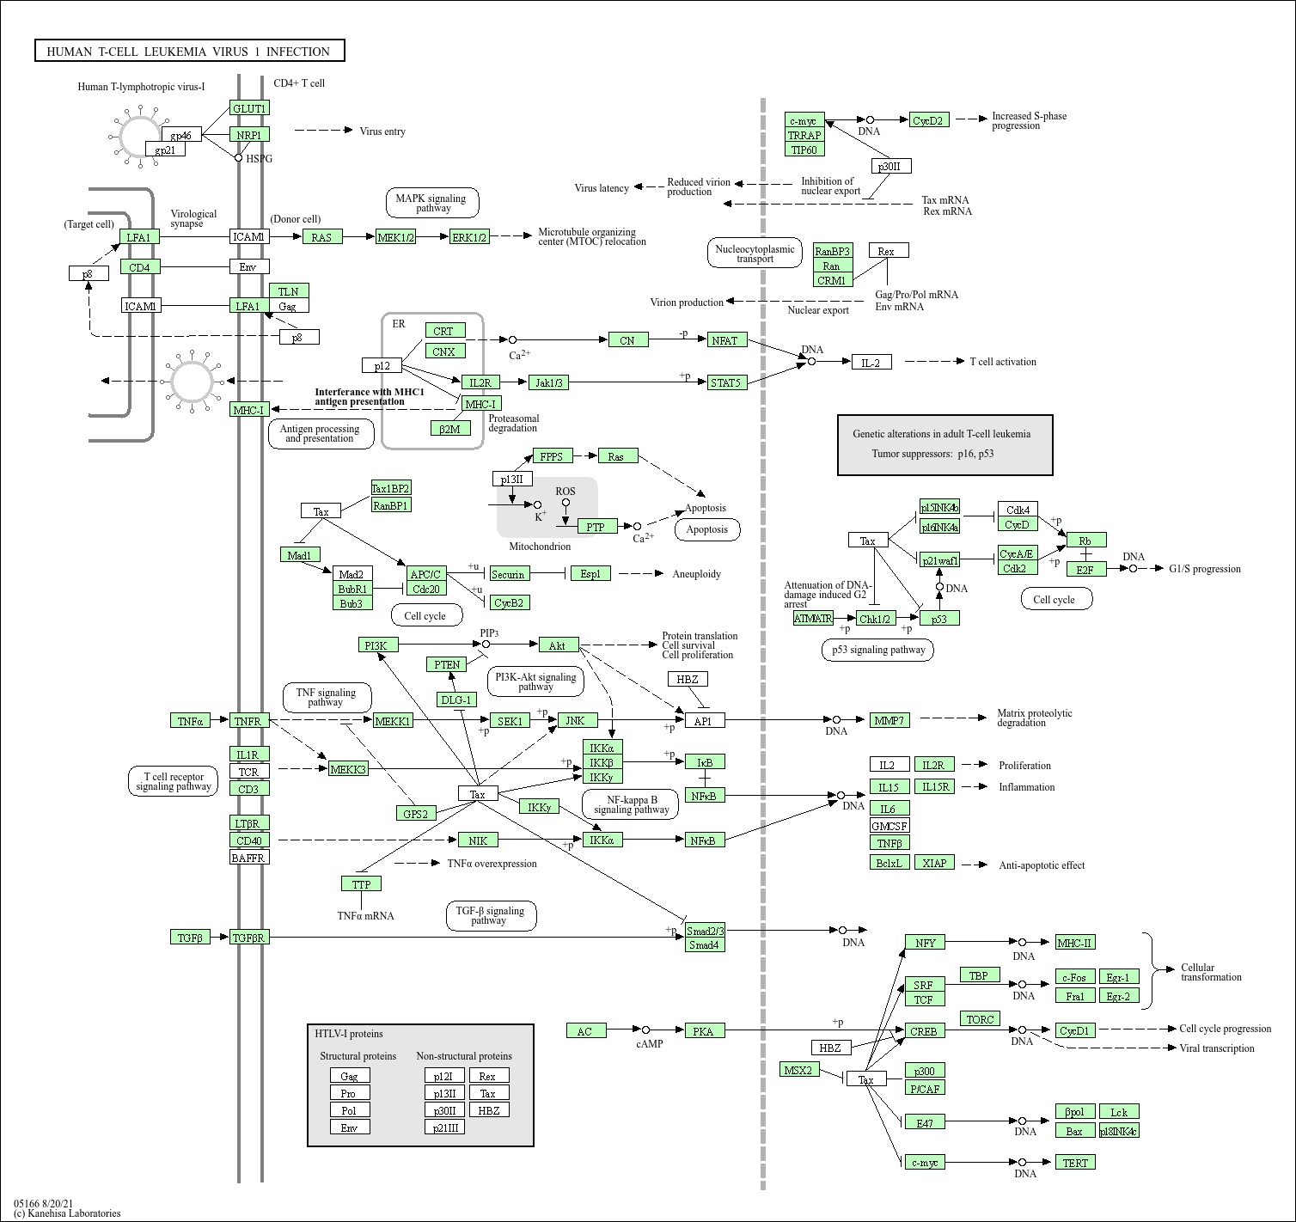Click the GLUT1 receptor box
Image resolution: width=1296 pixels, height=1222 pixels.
(x=249, y=108)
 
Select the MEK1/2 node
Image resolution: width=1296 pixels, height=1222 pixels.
(x=395, y=237)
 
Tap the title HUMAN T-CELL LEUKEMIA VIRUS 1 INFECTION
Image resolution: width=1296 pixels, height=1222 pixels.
(x=189, y=52)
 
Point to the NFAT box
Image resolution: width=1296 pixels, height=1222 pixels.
(x=724, y=340)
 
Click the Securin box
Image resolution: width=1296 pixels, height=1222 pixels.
(x=509, y=574)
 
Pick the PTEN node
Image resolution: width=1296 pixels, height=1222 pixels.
(x=447, y=664)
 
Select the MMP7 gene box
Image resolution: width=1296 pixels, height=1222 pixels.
(x=889, y=720)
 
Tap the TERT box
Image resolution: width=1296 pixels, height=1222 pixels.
(x=1075, y=1163)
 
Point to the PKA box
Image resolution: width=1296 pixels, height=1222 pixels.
(x=704, y=1031)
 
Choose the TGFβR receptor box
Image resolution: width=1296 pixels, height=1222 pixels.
(x=249, y=938)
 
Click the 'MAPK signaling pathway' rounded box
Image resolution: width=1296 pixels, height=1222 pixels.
(x=432, y=203)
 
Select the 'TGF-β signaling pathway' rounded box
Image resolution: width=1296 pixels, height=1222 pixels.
(x=491, y=916)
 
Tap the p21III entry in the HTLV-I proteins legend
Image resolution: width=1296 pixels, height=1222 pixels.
(x=444, y=1127)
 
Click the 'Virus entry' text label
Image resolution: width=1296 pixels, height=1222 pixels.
(x=382, y=131)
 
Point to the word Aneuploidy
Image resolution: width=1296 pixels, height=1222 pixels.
(x=696, y=574)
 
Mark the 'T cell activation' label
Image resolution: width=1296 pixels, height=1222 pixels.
(x=1003, y=362)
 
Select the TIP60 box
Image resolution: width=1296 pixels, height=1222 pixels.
(x=804, y=150)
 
